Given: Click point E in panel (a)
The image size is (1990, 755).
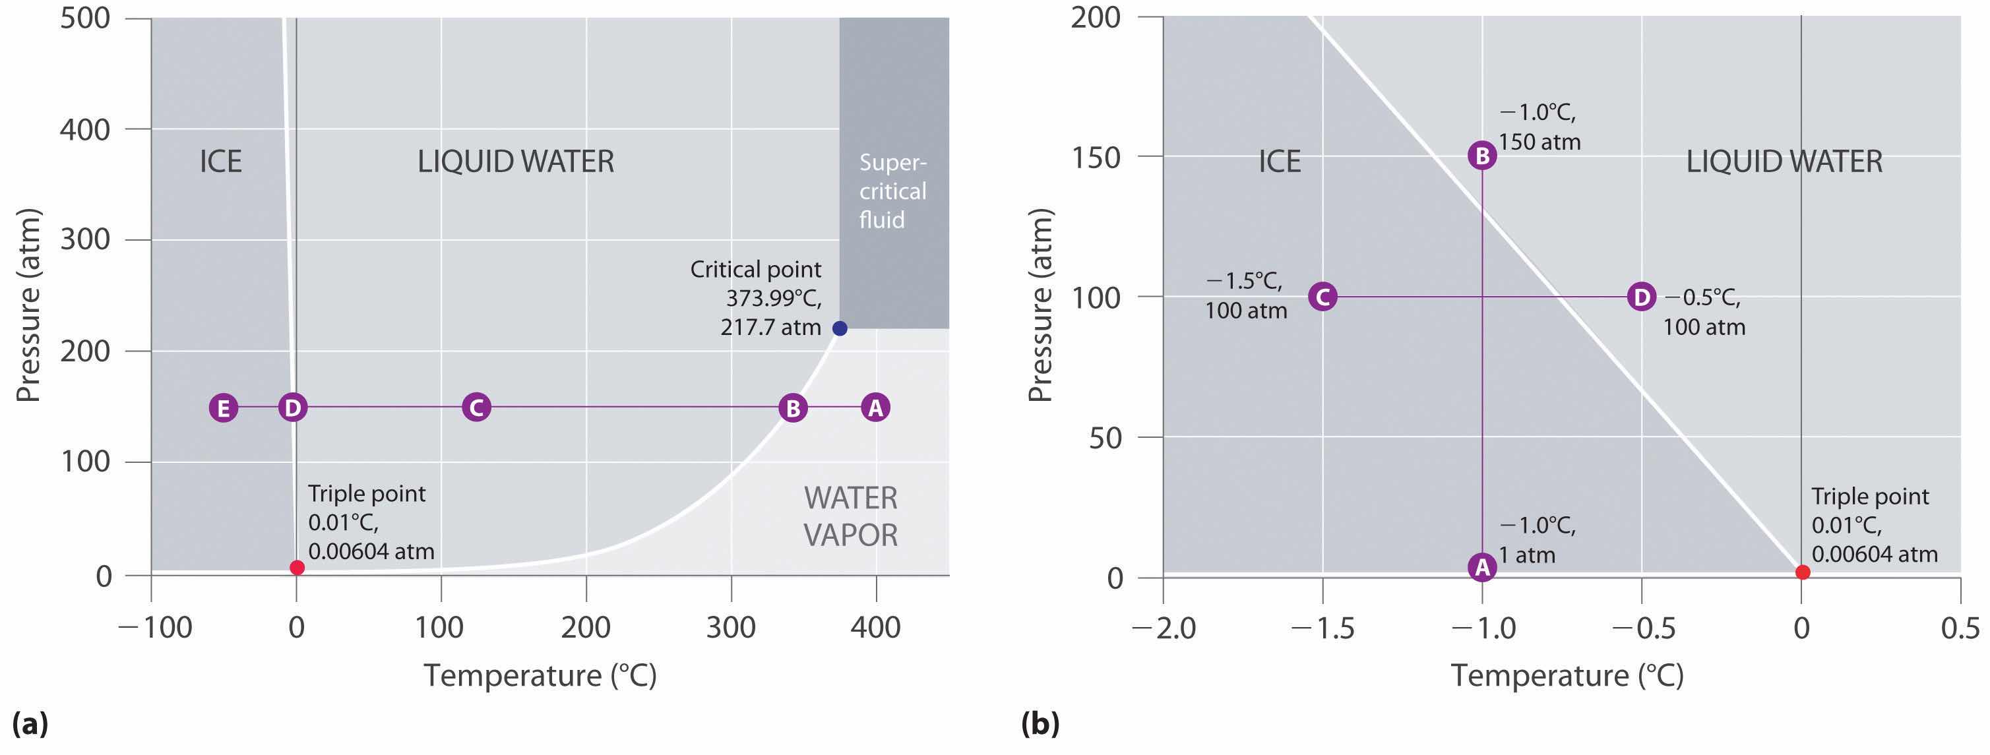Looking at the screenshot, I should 223,408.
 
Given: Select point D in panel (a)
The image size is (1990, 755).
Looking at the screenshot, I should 293,408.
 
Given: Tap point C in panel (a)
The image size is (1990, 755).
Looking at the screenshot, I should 477,408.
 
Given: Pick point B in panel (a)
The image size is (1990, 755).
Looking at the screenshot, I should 793,408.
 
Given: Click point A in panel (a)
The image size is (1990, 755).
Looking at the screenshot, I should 875,408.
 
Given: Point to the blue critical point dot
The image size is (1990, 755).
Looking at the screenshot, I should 840,329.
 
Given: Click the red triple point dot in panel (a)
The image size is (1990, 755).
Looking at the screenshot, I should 297,568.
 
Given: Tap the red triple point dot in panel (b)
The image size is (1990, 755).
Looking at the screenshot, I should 1802,572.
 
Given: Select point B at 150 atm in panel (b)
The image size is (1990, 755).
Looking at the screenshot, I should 1481,156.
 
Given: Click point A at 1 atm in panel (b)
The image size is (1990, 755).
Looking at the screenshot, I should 1481,568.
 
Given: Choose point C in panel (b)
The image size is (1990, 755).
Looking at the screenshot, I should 1322,297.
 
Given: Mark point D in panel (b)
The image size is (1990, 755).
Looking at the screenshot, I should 1641,297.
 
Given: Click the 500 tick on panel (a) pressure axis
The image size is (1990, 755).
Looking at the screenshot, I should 85,18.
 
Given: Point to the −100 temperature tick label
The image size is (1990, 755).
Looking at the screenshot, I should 154,628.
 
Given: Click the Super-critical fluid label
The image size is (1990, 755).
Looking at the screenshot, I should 892,191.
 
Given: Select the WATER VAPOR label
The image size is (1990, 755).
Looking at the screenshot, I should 850,516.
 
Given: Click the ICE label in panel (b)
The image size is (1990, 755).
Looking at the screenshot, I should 1280,162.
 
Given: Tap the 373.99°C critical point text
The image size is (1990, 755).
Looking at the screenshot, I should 773,299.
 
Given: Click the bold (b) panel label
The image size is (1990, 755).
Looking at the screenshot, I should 1040,724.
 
